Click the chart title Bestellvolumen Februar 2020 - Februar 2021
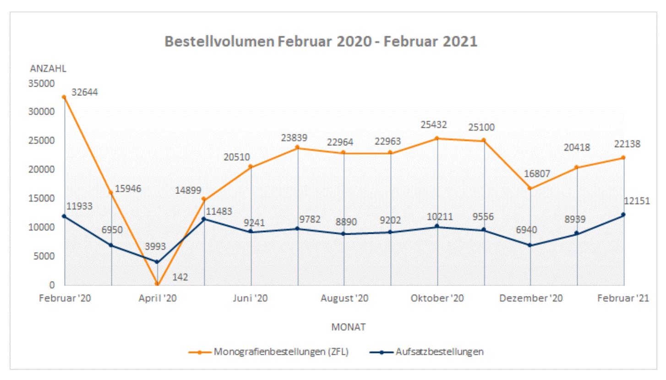coord(321,42)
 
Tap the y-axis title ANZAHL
coord(48,69)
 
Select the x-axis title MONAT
coord(348,327)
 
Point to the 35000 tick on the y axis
coord(42,83)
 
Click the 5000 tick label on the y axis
coord(44,256)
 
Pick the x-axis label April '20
coord(158,298)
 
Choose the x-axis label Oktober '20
coord(437,298)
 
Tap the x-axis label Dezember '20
coord(531,298)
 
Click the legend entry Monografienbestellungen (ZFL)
coord(280,352)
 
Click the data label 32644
coord(84,92)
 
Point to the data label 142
coord(180,277)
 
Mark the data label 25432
coord(434,125)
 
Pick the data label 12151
coord(637,201)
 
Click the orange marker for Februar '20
coord(64,97)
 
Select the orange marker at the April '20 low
coord(157,284)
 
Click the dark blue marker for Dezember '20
coord(530,245)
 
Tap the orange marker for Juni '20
coord(251,167)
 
